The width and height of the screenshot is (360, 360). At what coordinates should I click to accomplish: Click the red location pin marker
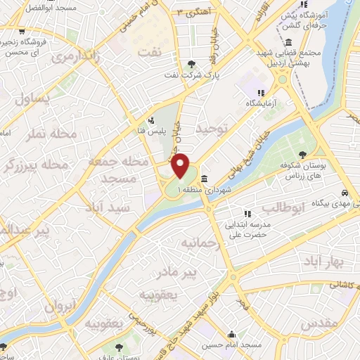tap(181, 166)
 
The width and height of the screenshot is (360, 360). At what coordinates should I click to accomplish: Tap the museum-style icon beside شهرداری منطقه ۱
tap(204, 178)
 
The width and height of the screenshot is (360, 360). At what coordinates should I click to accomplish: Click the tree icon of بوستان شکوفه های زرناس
tap(302, 155)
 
